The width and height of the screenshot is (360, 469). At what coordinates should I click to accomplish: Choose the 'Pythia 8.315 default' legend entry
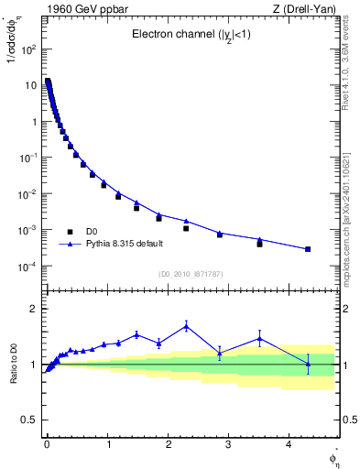click(128, 245)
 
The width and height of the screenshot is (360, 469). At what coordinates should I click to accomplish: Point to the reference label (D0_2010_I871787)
click(191, 274)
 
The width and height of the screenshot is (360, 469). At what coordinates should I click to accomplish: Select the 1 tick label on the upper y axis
click(34, 122)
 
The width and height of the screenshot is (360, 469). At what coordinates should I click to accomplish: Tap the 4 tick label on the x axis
click(289, 444)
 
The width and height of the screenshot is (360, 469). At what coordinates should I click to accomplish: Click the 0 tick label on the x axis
click(47, 444)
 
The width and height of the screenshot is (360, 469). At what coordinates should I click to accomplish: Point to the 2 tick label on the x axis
click(168, 444)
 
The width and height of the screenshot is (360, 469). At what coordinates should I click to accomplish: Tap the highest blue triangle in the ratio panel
click(186, 325)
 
